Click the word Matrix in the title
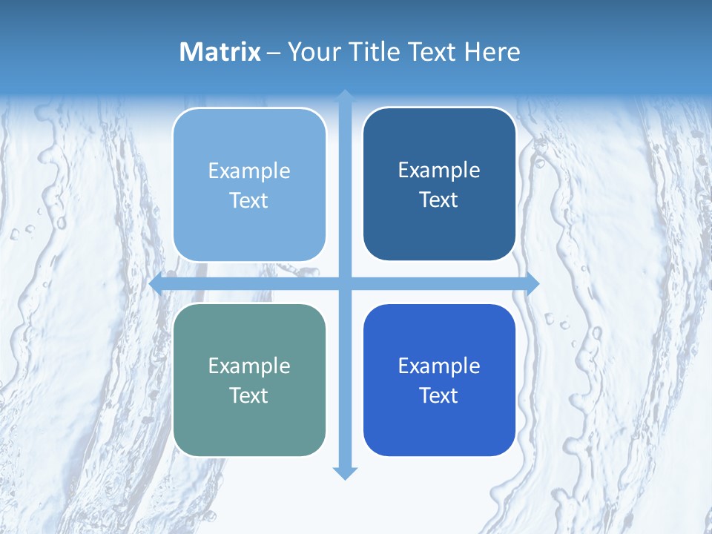pos(220,52)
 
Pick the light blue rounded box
pos(249,230)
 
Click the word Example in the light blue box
pos(249,171)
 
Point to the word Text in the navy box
pos(439,200)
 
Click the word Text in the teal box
pos(249,396)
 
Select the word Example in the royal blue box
pos(439,366)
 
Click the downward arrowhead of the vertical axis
pos(345,472)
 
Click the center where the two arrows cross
pos(345,283)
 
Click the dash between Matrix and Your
pos(274,53)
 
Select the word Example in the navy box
pos(439,171)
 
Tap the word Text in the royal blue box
pos(439,396)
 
